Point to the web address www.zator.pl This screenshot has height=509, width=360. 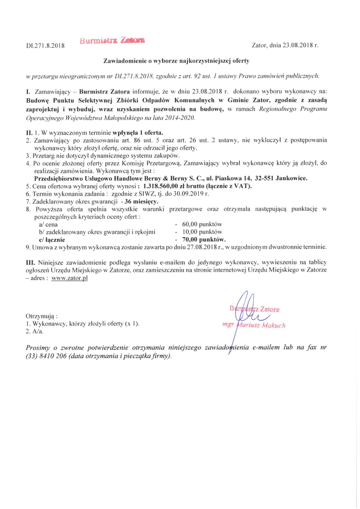pyautogui.click(x=69, y=278)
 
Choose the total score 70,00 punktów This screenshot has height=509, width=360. pyautogui.click(x=204, y=239)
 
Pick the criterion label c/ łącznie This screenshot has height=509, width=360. pyautogui.click(x=52, y=239)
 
